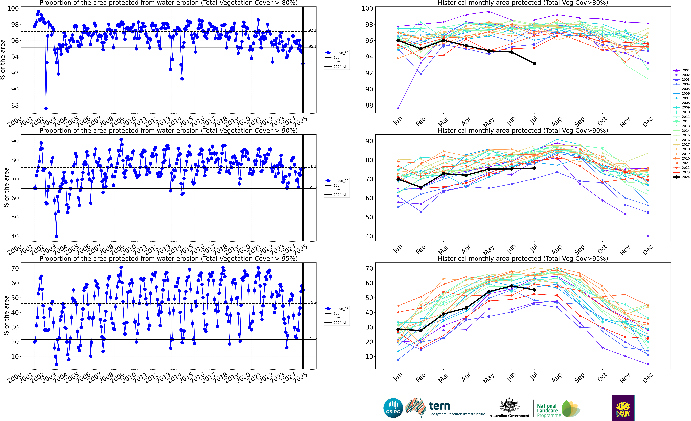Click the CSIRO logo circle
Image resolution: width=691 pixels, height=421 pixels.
(393, 408)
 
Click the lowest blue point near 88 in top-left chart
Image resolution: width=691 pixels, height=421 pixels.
(46, 108)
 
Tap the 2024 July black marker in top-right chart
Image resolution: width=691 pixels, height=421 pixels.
(534, 64)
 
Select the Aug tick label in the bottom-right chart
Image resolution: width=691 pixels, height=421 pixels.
(557, 377)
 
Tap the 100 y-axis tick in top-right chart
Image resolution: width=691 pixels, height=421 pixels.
(367, 8)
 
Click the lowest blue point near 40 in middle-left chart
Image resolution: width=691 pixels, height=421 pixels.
(56, 236)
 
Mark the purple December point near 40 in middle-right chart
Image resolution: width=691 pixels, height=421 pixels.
(648, 236)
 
